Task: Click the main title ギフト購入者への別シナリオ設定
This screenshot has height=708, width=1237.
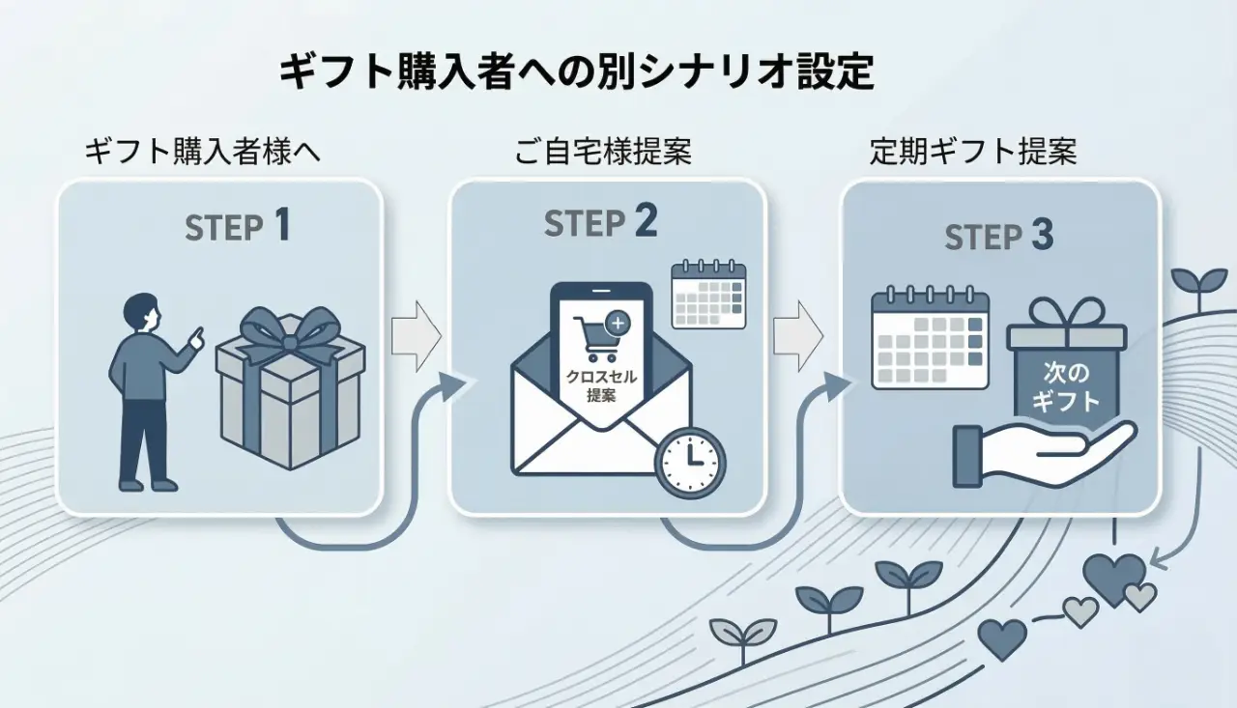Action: [x=576, y=73]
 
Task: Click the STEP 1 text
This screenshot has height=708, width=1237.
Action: [x=237, y=227]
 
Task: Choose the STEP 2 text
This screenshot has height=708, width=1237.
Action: [x=600, y=223]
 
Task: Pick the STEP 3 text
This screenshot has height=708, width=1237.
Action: [x=998, y=237]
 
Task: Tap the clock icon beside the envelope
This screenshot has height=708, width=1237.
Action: [x=690, y=463]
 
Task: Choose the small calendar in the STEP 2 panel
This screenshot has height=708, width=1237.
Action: [x=708, y=294]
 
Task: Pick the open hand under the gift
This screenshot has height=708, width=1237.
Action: [x=1044, y=451]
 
